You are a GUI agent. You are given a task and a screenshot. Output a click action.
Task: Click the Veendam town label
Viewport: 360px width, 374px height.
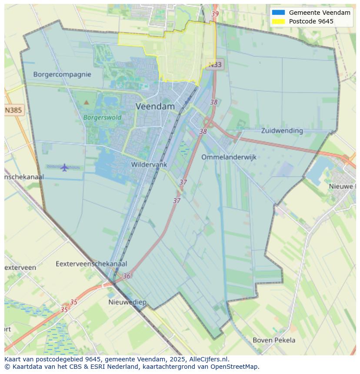[x=155, y=106]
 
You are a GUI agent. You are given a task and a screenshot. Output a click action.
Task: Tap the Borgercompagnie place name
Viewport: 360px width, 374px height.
[x=62, y=74]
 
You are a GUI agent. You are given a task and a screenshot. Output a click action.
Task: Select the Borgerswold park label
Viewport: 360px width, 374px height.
[x=102, y=117]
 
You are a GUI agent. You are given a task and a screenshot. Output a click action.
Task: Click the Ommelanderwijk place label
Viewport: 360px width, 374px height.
[x=229, y=157]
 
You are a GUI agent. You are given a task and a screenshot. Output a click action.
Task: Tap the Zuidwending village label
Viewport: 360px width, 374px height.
[x=282, y=130]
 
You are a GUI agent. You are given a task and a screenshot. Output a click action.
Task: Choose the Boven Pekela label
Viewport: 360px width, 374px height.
[x=274, y=340]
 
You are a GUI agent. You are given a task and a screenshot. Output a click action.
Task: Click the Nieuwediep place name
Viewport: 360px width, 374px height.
[x=127, y=302]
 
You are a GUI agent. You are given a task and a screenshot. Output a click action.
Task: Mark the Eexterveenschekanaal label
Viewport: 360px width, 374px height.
[x=91, y=264]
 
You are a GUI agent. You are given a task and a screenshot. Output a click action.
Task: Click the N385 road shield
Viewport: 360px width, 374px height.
[x=13, y=110]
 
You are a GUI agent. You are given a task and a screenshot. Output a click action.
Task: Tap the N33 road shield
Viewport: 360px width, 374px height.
[x=215, y=65]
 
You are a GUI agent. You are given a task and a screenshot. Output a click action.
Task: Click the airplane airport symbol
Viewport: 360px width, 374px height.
[x=64, y=167]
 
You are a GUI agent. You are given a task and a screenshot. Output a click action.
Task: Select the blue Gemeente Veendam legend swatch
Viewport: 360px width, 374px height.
[x=278, y=13]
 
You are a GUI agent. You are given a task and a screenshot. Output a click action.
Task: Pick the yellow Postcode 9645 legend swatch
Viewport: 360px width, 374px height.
[x=278, y=21]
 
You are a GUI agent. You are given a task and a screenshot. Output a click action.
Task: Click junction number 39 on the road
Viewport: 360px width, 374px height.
[x=215, y=14]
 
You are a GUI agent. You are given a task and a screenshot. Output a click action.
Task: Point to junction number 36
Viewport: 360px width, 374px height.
[x=127, y=276]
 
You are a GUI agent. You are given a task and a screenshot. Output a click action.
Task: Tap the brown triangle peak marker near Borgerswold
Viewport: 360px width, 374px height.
[x=86, y=103]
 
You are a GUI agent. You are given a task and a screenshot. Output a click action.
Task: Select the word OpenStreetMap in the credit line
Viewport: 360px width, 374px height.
[x=234, y=367]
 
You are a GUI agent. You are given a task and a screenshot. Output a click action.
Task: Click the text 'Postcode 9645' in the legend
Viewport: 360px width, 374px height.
[x=311, y=21]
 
